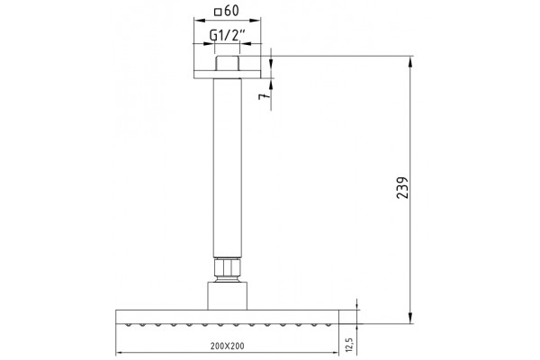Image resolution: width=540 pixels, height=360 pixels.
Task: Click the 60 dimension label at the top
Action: click(x=231, y=11)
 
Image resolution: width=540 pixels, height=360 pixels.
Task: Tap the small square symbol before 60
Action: click(x=218, y=13)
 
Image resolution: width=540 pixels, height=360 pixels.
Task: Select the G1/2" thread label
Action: click(x=228, y=35)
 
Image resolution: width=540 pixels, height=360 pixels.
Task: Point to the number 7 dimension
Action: click(x=263, y=96)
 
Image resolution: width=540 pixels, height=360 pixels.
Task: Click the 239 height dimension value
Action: click(x=402, y=188)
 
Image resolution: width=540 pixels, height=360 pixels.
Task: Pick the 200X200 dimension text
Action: click(x=228, y=346)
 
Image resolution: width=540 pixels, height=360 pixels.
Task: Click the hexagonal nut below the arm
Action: click(x=228, y=267)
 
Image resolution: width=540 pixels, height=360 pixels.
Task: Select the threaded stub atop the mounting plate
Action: click(x=228, y=63)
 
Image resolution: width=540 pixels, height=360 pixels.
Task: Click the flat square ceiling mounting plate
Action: click(x=228, y=75)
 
